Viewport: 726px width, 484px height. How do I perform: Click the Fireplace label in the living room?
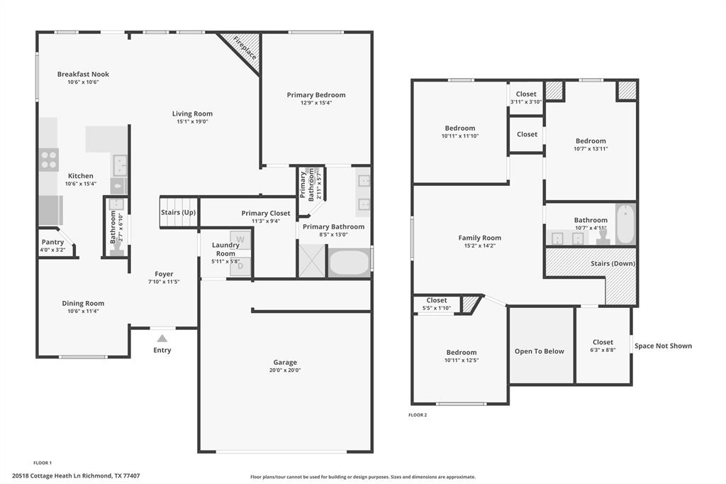(x=245, y=48)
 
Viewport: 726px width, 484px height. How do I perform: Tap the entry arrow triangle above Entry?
(x=162, y=339)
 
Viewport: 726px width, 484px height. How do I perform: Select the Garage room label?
(x=285, y=362)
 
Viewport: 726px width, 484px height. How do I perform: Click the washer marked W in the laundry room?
(x=240, y=240)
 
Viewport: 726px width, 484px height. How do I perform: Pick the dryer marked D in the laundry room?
(x=240, y=266)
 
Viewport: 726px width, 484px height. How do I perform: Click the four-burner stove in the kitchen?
(x=49, y=160)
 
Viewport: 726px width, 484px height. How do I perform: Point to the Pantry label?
(x=52, y=242)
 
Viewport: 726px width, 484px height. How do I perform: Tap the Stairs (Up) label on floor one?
(x=178, y=212)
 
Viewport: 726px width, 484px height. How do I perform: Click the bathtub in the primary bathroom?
(x=349, y=263)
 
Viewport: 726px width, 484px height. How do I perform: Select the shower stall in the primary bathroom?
(x=312, y=261)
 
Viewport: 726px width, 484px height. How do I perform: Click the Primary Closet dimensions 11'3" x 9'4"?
(x=266, y=221)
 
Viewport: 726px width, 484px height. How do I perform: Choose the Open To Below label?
(x=540, y=351)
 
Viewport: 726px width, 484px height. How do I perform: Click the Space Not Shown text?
(x=663, y=346)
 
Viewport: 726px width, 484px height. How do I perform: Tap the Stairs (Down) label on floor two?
(x=613, y=263)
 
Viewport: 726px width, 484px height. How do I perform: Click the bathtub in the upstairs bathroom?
(x=625, y=224)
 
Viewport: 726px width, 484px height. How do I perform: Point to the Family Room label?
(x=480, y=238)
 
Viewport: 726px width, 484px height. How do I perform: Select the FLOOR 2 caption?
(x=418, y=415)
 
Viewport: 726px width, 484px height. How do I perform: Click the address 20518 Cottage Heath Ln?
(x=55, y=475)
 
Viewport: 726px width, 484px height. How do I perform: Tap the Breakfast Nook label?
(x=84, y=75)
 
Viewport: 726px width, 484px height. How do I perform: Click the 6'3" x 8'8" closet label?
(x=603, y=350)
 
